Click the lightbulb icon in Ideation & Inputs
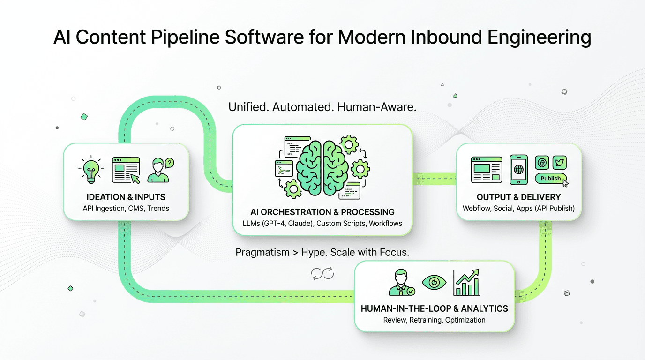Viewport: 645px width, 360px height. click(x=91, y=170)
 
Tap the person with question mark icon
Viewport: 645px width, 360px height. click(x=160, y=170)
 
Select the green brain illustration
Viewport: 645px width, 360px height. click(x=322, y=166)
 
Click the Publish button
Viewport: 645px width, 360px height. click(x=551, y=179)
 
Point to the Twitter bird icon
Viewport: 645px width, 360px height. click(x=559, y=162)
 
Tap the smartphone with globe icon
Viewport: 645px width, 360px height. click(x=518, y=170)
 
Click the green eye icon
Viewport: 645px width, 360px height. click(x=434, y=282)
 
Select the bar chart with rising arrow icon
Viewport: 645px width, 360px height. click(x=466, y=282)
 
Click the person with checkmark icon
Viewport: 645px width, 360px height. click(x=401, y=282)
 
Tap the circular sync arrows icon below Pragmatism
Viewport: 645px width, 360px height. click(x=322, y=273)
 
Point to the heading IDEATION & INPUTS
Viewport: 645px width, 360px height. click(x=126, y=197)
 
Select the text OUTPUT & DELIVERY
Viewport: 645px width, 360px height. click(x=518, y=197)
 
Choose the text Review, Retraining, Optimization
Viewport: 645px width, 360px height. click(x=434, y=320)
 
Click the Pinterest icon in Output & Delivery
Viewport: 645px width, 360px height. click(x=541, y=162)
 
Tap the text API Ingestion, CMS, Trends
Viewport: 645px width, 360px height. click(x=126, y=208)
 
